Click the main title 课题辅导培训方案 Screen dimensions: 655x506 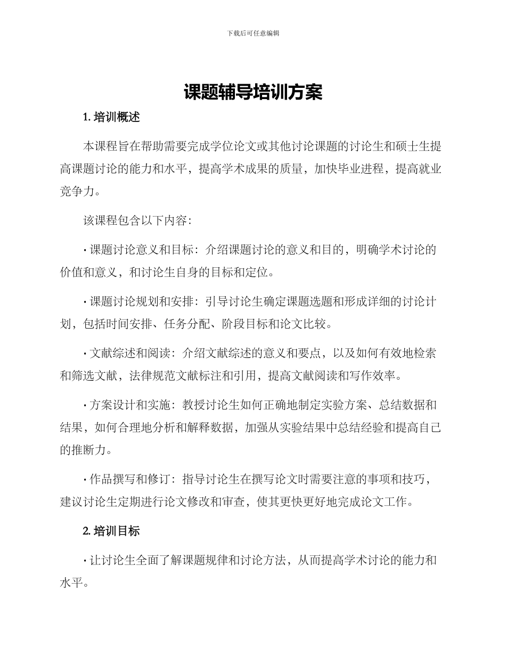253,92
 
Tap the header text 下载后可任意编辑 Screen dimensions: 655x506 253,33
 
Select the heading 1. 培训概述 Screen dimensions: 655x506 112,118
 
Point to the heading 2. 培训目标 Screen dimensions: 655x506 112,531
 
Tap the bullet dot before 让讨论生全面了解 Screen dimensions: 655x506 85,560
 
